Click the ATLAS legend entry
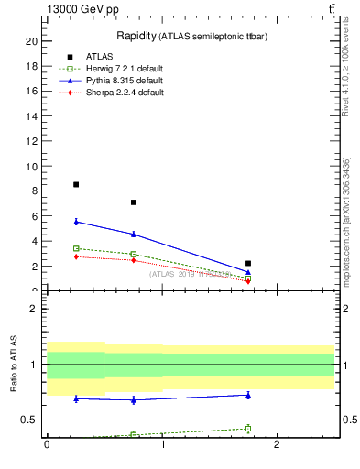101,57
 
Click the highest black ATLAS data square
76,184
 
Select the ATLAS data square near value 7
134,202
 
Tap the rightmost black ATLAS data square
248,263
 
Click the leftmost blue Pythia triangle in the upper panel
76,222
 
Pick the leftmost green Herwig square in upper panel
76,248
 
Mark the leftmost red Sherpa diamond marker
76,256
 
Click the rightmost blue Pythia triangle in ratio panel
248,395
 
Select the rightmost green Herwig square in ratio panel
248,429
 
